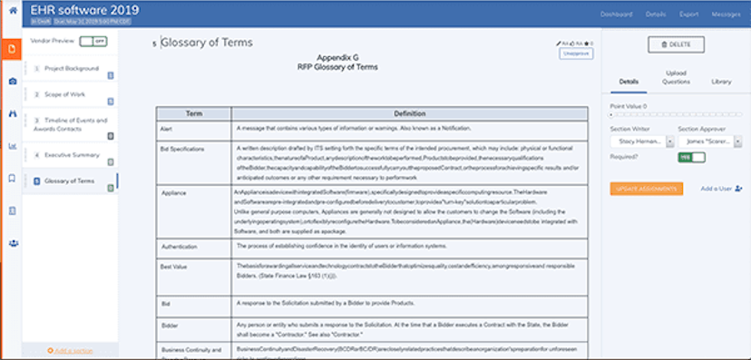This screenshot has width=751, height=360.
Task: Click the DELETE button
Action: tap(676, 44)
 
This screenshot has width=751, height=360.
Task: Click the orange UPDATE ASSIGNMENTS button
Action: tap(646, 189)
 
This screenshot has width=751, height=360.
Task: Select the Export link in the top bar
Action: tap(688, 15)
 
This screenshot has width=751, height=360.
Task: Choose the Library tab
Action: tap(721, 82)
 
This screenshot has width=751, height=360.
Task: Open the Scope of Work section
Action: tap(65, 93)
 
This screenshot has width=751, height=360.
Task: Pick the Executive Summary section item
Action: tap(72, 155)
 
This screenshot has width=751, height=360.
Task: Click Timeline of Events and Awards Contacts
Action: tap(75, 123)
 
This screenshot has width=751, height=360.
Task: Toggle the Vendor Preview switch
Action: tap(93, 42)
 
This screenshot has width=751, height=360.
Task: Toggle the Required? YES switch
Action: tap(691, 158)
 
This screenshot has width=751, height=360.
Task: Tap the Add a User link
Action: tap(722, 189)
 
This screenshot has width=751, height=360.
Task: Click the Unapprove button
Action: tap(575, 54)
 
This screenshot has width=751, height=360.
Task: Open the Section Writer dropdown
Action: tap(641, 141)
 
